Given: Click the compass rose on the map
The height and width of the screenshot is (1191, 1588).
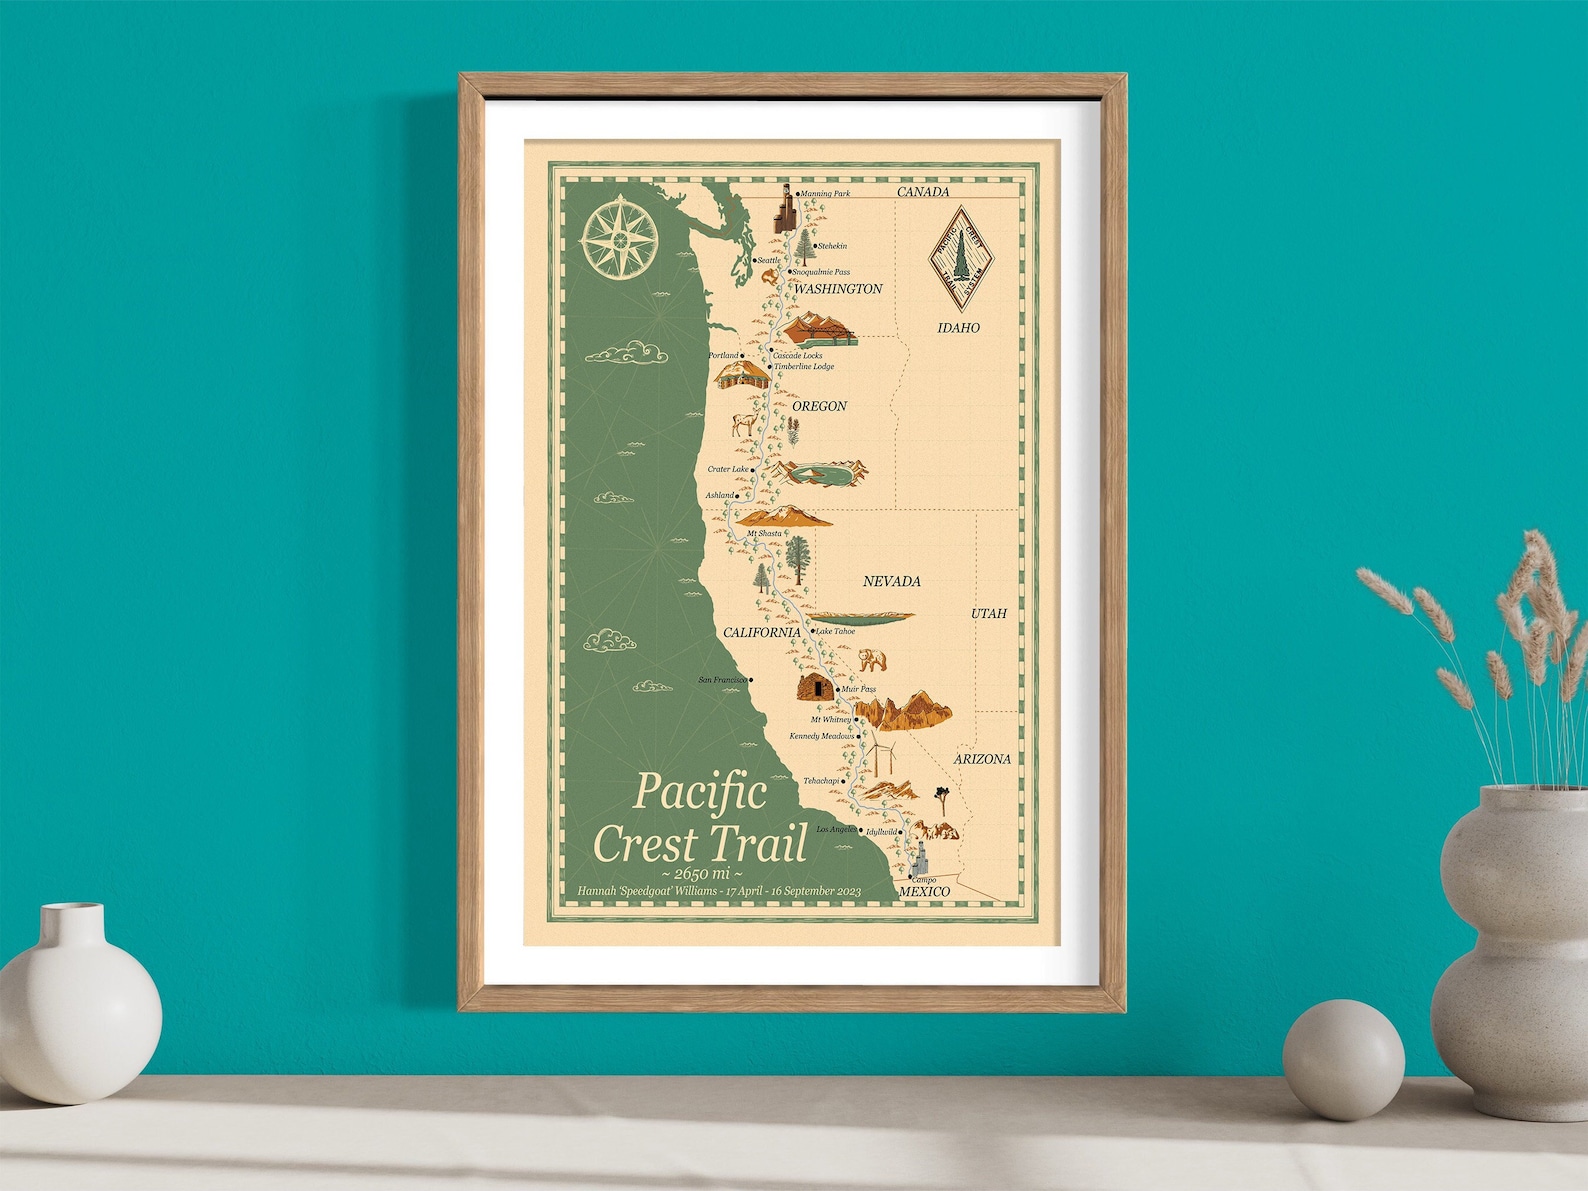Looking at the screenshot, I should coord(619,239).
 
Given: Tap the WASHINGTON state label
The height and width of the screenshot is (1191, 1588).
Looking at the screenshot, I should coord(838,289).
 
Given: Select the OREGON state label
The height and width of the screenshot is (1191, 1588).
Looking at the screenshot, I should coord(819,406).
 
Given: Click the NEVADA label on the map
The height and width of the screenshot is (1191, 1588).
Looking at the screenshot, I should coord(891,581).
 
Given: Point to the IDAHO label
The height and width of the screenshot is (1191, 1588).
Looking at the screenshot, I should coord(958,328).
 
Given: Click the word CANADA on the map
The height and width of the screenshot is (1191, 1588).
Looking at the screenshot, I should coord(922,192).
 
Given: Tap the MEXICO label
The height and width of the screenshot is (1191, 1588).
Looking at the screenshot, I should coord(924,891).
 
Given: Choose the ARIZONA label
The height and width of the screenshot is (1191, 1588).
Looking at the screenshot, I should coord(981,759).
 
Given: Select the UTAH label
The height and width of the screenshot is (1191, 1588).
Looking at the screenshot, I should coord(988,613).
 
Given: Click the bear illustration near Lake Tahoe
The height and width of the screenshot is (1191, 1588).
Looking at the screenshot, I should coord(872,660).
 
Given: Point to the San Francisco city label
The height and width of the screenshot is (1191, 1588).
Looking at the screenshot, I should coord(722,680).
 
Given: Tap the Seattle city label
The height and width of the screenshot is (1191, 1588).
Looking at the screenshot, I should coord(768,261).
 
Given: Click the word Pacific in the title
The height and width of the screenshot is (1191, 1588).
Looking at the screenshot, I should coord(700,792).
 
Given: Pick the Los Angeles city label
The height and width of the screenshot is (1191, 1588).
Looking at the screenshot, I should coord(836,830).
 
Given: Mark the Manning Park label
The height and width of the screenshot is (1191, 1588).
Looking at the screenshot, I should coord(825,194).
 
